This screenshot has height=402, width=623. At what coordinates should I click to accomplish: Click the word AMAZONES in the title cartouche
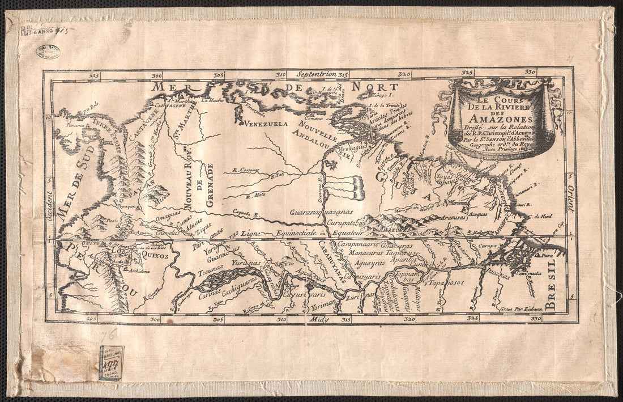tap(500, 119)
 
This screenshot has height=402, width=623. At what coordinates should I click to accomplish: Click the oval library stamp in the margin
tap(48, 52)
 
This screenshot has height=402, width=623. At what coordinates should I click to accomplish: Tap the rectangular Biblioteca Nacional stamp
tap(111, 362)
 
